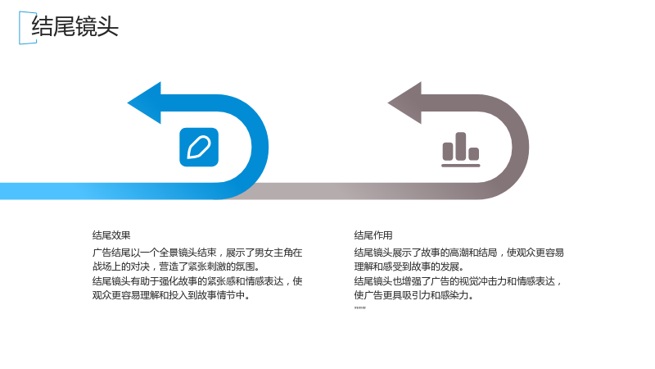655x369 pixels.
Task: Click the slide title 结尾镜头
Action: click(x=75, y=26)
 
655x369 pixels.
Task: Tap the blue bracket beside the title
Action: click(x=20, y=28)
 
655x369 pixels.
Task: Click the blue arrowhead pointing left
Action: click(x=144, y=103)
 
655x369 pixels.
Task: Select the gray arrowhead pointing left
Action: click(x=404, y=103)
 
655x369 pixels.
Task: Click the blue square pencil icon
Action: click(x=199, y=148)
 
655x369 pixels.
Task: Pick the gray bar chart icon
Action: click(x=460, y=150)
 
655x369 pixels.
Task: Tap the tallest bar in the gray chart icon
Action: click(x=461, y=147)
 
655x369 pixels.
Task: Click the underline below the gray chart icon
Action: click(x=461, y=166)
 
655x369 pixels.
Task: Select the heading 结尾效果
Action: click(x=111, y=235)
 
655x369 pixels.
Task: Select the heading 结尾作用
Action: click(x=373, y=235)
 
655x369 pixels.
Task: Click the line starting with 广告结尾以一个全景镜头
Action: click(x=197, y=253)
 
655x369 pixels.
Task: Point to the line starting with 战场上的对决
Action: click(x=176, y=266)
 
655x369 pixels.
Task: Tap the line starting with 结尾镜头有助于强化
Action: click(x=197, y=280)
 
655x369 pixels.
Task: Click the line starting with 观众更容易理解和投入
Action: click(x=171, y=295)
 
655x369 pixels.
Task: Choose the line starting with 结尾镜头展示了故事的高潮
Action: click(x=458, y=253)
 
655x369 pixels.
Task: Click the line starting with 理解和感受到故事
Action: click(x=409, y=266)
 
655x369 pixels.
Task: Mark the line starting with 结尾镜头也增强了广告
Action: click(x=458, y=280)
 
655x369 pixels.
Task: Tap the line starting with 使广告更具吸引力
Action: click(x=414, y=295)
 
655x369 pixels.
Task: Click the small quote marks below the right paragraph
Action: click(x=359, y=308)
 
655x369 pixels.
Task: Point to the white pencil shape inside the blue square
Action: click(x=199, y=148)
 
